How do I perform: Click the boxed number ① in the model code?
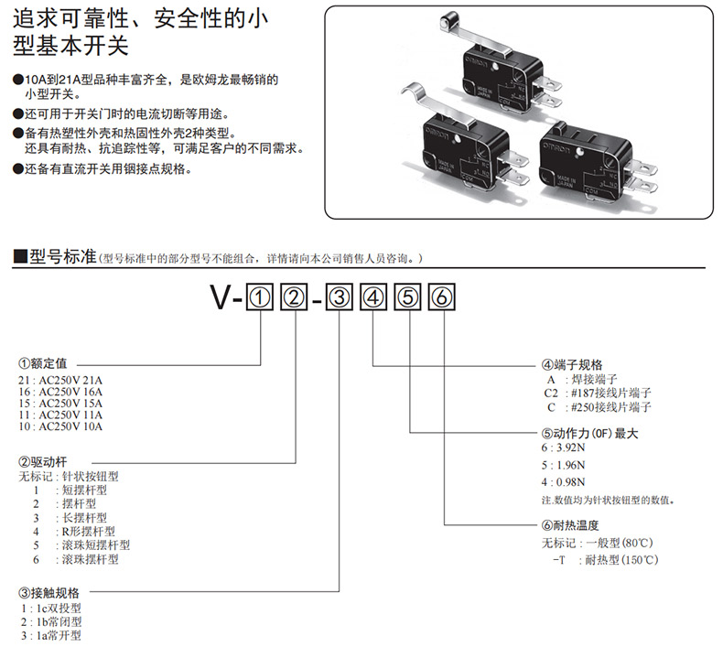pos(261,298)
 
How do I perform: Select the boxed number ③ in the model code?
pos(339,298)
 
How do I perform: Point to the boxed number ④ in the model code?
pos(373,298)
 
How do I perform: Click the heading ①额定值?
pos(43,362)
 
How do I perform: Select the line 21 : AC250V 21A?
pos(62,378)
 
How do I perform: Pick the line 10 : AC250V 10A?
pos(62,426)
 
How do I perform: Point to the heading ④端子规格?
pos(572,363)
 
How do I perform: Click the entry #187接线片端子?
pos(585,393)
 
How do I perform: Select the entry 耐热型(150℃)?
pos(623,560)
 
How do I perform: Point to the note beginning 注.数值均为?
pos(609,501)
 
